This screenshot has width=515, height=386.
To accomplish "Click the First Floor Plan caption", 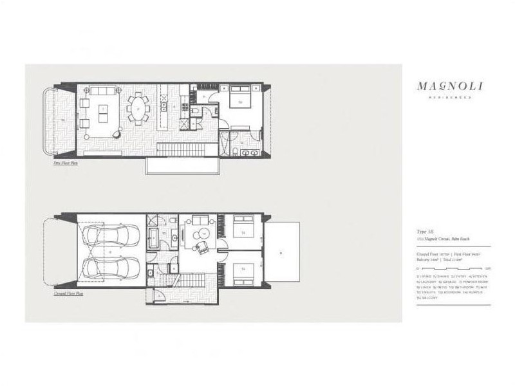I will pos(66,163).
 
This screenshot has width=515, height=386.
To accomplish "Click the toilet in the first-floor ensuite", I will pos(236,151).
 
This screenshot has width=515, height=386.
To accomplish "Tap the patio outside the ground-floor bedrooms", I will pos(282,252).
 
